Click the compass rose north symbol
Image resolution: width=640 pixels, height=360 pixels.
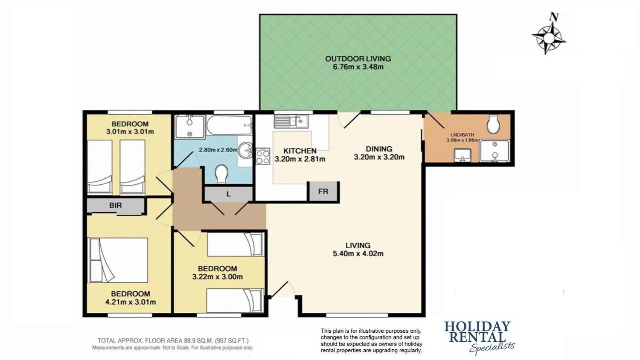(549, 33)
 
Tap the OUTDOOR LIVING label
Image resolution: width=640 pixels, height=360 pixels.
(358, 59)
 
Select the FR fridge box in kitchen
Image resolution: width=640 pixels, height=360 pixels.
(323, 191)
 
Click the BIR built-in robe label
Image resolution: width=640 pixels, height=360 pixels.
(115, 205)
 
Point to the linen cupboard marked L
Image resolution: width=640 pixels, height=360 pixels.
(228, 194)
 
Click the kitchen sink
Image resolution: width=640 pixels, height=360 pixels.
(291, 121)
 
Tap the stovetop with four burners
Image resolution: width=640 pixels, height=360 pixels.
(263, 156)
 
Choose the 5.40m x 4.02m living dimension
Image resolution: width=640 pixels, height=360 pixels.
(358, 254)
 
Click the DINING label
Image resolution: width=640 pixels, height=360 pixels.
(379, 149)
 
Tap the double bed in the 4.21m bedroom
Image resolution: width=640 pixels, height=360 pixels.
(117, 260)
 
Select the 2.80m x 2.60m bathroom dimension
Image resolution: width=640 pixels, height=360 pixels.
(218, 150)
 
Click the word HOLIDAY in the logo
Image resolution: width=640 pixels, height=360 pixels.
(477, 326)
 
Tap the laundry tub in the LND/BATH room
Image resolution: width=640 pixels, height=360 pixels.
(462, 155)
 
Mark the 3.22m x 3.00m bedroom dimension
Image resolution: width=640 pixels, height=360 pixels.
(217, 277)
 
